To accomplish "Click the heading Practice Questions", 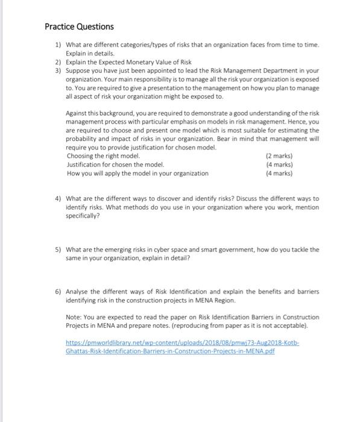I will pos(79,27).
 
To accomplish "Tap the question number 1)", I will pos(57,45).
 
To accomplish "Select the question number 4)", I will pos(57,198).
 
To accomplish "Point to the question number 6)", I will pos(57,291).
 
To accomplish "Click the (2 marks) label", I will pos(279,156).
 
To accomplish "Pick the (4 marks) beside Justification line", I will pos(279,165).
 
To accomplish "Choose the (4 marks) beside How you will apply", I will pos(279,174).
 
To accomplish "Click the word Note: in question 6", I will pos(74,317).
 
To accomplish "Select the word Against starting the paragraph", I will pos(79,114).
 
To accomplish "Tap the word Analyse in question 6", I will pos(78,291).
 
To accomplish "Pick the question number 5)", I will pos(57,250).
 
